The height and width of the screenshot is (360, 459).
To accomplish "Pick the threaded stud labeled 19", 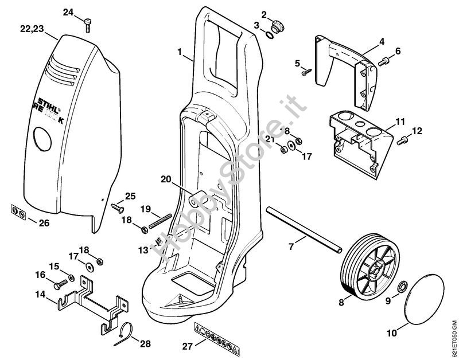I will pos(161,220).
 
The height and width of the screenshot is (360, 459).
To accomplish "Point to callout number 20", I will pos(166,179).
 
